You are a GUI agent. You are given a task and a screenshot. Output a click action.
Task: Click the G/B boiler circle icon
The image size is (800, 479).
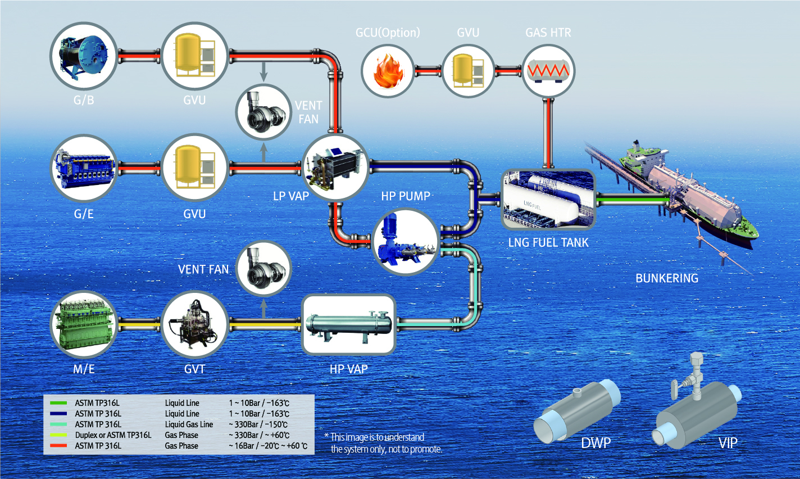[x=84, y=56]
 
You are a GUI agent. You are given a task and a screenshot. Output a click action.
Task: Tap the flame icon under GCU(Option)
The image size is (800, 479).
[x=387, y=71]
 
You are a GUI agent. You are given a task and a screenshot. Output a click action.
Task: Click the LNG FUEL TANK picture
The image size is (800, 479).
[x=548, y=199]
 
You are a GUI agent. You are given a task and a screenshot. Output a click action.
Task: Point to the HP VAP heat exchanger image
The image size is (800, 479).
[x=348, y=324]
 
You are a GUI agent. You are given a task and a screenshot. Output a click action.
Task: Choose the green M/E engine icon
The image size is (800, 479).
[x=84, y=324]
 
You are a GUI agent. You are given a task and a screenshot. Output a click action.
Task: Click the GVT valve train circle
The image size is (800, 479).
[x=194, y=324]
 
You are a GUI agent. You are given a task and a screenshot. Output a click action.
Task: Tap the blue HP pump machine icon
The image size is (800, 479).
[x=406, y=242]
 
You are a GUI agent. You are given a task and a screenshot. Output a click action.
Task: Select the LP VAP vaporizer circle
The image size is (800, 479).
[x=335, y=167]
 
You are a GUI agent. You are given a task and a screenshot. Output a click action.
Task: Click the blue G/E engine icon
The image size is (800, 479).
[x=84, y=168]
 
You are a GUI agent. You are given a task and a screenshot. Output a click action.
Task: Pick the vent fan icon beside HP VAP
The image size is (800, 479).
[x=263, y=269]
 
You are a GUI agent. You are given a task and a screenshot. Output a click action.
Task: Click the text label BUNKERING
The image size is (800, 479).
[x=667, y=278]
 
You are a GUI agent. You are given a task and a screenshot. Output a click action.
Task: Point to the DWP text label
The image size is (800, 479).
[x=596, y=443]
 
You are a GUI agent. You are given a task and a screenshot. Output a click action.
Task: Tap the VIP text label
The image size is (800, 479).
[x=728, y=443]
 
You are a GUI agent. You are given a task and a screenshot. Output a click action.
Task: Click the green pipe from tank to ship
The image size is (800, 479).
[x=632, y=198]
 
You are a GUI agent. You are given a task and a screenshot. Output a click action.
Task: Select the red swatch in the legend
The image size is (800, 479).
[x=58, y=446]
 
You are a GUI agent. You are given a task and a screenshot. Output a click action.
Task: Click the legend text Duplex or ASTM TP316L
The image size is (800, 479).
[x=113, y=435]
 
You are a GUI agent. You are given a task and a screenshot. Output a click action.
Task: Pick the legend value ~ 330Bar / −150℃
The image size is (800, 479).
[x=258, y=424]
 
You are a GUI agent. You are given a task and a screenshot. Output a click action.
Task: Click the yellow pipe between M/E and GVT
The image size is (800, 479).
[x=139, y=324]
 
